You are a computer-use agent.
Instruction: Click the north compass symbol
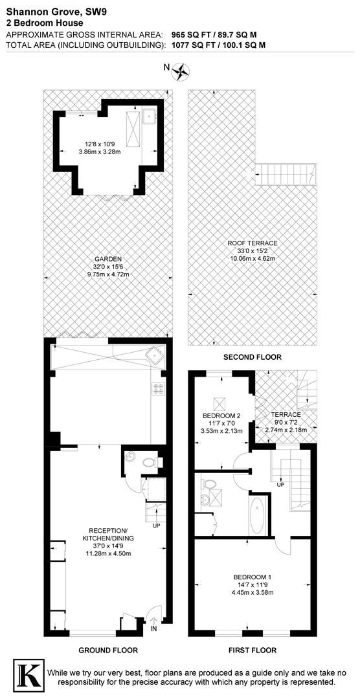(182, 69)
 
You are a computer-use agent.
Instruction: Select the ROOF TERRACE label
(253, 243)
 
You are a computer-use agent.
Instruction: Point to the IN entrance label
(153, 628)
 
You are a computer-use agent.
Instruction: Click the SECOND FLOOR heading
(252, 357)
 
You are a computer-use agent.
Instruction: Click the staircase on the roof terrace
(287, 173)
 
